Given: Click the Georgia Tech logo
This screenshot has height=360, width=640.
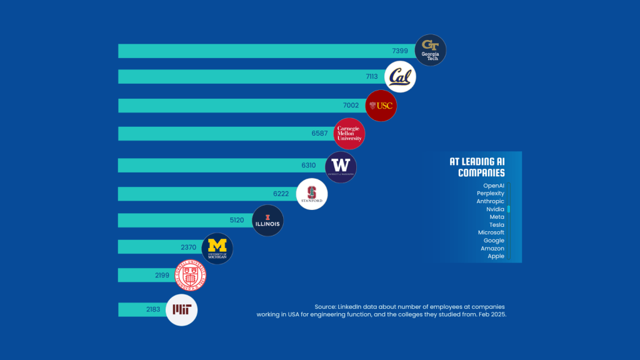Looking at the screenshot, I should click(430, 50).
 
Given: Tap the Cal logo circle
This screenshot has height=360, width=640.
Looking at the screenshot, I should click(400, 77).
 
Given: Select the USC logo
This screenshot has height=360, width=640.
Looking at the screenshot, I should click(381, 106).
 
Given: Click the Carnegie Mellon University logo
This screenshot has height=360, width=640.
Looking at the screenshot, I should click(349, 134).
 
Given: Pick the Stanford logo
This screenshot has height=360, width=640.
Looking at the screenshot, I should click(311, 194).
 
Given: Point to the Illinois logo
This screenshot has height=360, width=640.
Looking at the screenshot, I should click(267, 221).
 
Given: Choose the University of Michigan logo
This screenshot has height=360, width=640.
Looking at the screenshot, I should click(217, 247).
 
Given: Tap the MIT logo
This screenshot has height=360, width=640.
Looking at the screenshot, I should click(182, 309).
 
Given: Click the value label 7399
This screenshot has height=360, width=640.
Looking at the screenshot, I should click(400, 51).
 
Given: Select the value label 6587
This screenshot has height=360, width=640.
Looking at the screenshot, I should click(319, 134).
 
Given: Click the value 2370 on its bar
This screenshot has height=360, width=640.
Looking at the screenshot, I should click(189, 247).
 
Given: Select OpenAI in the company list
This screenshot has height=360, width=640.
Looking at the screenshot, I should click(494, 186).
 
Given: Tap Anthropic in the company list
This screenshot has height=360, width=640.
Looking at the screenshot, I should click(490, 201).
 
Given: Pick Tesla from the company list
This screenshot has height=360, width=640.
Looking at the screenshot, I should click(496, 225).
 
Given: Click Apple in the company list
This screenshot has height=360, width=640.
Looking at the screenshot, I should click(496, 256).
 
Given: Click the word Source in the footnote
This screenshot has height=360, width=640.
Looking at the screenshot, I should click(325, 306).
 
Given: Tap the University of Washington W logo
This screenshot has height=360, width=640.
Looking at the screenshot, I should click(341, 166).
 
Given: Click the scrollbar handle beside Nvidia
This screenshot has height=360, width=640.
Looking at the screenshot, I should click(509, 209).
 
